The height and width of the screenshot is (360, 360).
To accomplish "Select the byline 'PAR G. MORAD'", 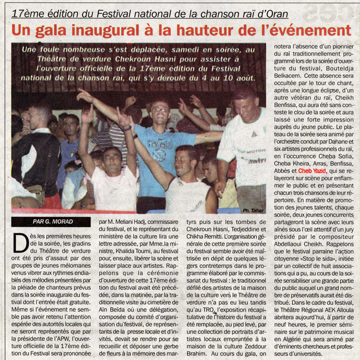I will pyautogui.click(x=49, y=222).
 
